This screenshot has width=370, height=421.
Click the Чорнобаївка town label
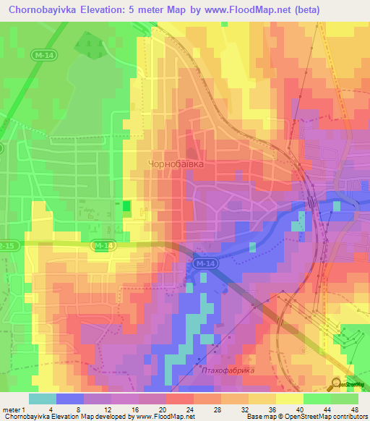(x=175, y=164)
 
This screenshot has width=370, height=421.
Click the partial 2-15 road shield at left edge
(x=6, y=246)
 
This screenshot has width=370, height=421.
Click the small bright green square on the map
(x=127, y=207)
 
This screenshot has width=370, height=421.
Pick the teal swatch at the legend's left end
(x=42, y=399)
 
